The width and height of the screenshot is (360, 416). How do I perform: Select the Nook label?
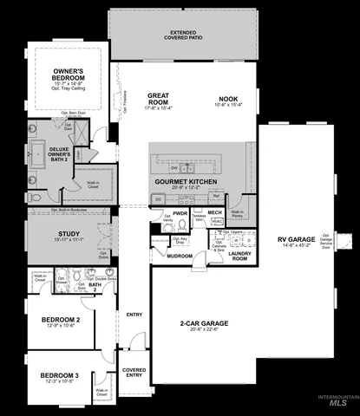coord(228,101)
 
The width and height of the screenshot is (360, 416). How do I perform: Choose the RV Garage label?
coord(297,240)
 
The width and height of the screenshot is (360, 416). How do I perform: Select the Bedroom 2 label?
coord(61,320)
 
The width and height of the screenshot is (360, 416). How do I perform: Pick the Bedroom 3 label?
coord(59,374)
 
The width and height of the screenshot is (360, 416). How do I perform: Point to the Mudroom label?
coord(180,256)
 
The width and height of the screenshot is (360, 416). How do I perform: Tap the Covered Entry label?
coord(134,373)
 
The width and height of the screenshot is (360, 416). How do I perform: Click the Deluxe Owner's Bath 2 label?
coord(58,153)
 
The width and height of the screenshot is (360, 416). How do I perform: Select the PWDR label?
coord(180,212)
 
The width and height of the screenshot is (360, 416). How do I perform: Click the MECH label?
coord(215,212)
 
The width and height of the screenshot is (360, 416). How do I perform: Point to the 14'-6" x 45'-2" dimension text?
coord(297,246)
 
